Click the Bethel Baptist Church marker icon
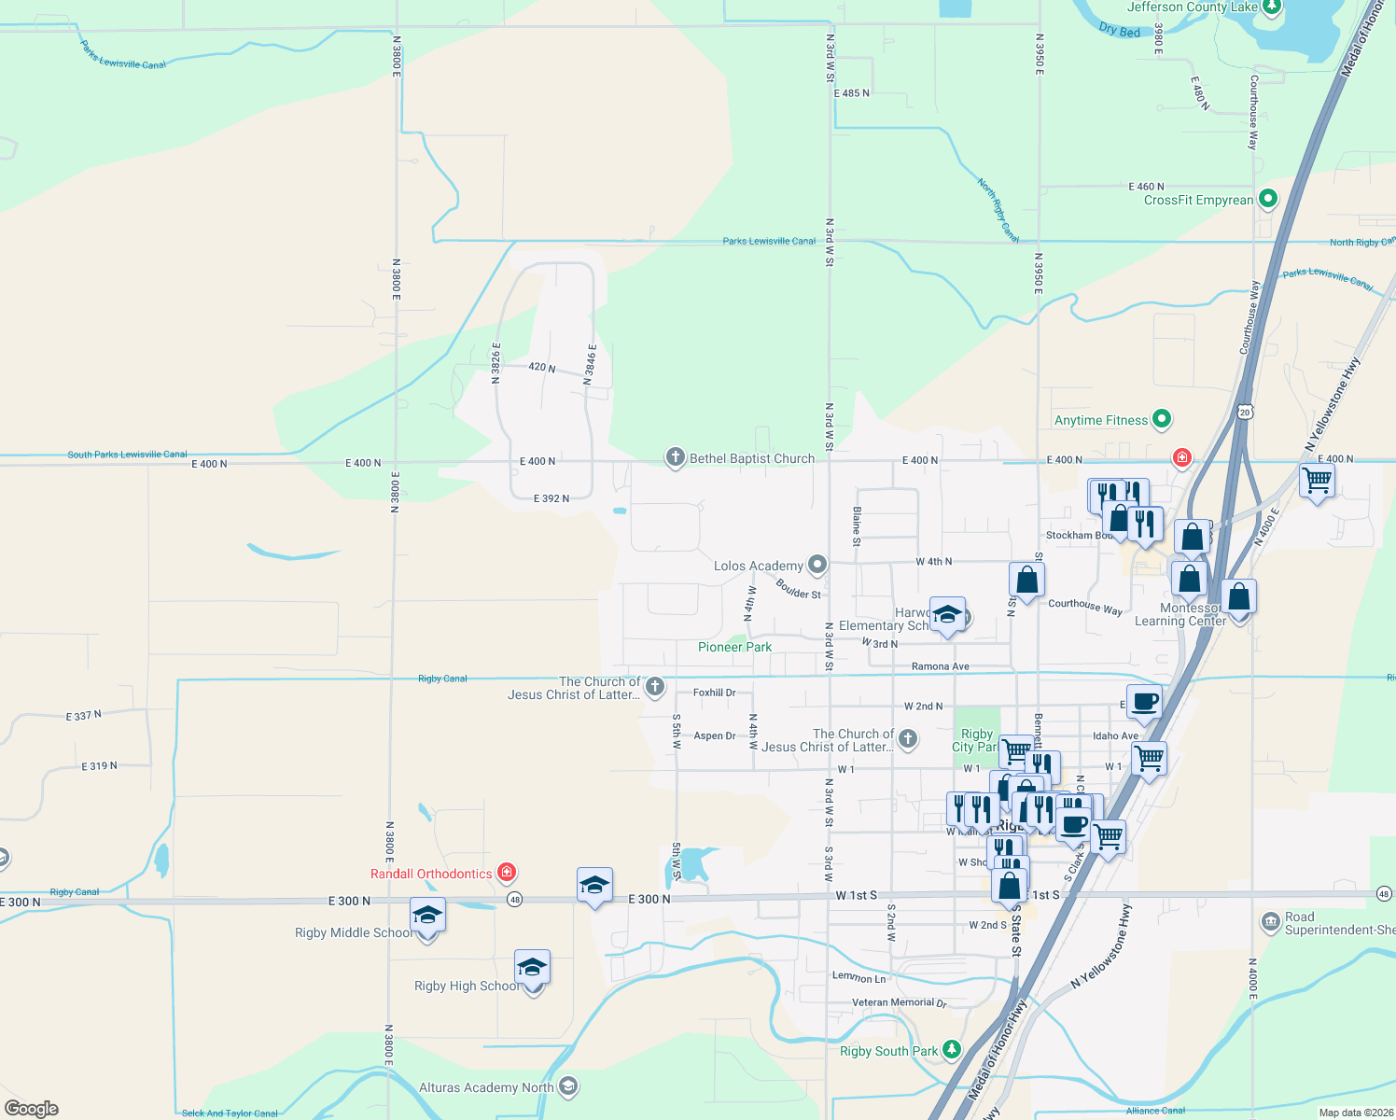tap(675, 457)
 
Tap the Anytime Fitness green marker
tap(1162, 419)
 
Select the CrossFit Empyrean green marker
tap(1267, 199)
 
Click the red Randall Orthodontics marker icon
tap(507, 873)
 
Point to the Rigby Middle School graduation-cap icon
tap(427, 916)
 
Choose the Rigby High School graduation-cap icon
tap(532, 968)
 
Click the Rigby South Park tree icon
tap(951, 1050)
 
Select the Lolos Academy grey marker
tap(817, 564)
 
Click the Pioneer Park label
tap(734, 647)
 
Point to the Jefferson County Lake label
tap(1192, 7)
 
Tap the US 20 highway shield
tap(1244, 411)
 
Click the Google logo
tap(32, 1108)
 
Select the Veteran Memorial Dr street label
tap(899, 1002)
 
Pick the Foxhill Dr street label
tap(714, 693)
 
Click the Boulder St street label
tap(799, 589)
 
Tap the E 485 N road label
tap(851, 93)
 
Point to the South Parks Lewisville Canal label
tap(127, 455)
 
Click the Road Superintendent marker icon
tap(1270, 923)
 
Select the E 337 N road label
tap(84, 716)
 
